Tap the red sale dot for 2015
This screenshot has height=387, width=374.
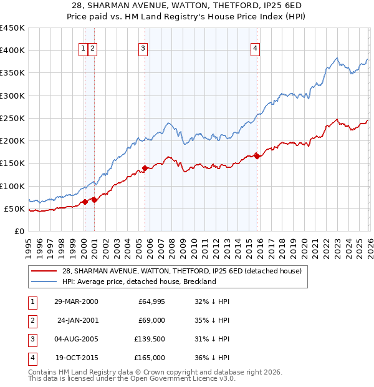tap(257, 156)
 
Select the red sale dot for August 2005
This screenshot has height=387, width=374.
tap(145, 168)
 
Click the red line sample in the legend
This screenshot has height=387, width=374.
tap(44, 271)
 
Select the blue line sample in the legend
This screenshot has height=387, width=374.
tap(44, 282)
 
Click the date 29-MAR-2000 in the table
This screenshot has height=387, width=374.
tap(76, 301)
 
